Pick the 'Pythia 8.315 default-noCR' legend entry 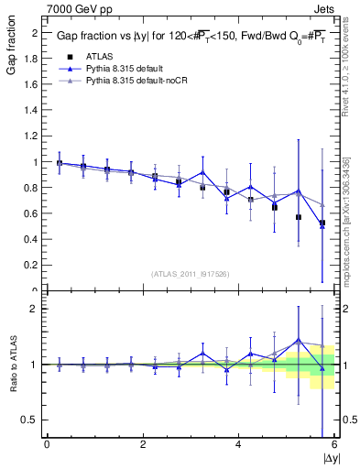[x=139, y=82]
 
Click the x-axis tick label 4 [x=238, y=443]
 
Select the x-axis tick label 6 [x=334, y=443]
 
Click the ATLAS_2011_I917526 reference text [x=191, y=274]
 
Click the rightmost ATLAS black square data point [x=322, y=223]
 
